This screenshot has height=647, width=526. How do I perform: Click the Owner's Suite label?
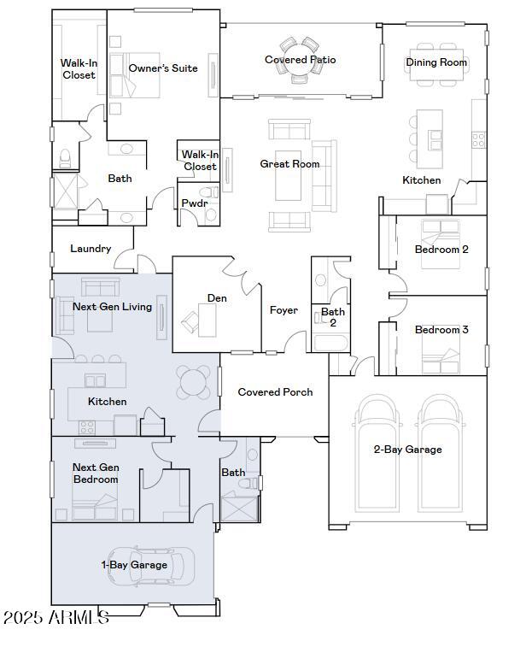(x=163, y=68)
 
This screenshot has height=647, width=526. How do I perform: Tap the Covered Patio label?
(x=300, y=60)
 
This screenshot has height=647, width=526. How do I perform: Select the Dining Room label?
(x=436, y=62)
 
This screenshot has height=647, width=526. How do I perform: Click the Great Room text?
(x=289, y=164)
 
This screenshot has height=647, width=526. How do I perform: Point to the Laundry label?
(x=91, y=249)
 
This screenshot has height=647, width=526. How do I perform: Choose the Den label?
(x=216, y=298)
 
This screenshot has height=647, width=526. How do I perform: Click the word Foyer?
(x=283, y=310)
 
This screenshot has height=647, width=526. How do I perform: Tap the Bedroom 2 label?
(x=441, y=250)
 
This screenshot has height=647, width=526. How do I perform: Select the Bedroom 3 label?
(x=441, y=330)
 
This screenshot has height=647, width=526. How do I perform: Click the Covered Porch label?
(x=275, y=392)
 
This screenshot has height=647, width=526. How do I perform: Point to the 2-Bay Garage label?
(x=407, y=450)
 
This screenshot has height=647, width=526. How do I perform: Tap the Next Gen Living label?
(x=112, y=307)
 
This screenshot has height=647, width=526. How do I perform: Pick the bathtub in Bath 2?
(x=330, y=343)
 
